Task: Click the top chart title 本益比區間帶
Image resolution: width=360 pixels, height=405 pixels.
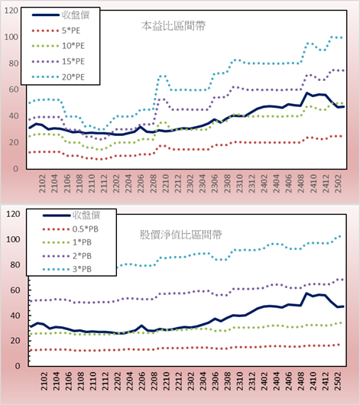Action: point(174,26)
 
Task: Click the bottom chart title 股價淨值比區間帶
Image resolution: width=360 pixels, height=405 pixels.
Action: point(180,235)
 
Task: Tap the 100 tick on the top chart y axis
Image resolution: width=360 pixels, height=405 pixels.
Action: point(11,37)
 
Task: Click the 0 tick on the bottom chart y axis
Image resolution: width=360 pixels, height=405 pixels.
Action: point(18,366)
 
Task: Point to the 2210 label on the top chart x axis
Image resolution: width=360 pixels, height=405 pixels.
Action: point(165,183)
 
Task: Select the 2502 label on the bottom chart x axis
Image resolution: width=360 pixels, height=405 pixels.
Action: point(338,381)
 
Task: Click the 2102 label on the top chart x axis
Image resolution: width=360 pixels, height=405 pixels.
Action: point(42,183)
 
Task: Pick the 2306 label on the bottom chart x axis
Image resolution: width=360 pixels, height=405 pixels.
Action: point(215,381)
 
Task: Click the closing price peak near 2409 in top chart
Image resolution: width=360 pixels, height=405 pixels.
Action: point(306,92)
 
